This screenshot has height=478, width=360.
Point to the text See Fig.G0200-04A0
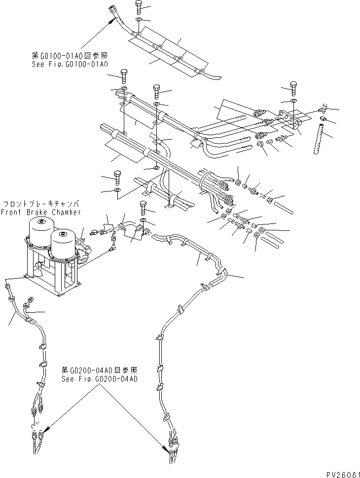coord(99,379)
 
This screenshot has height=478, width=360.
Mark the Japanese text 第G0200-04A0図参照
coord(99,369)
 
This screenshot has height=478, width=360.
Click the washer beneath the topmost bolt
coord(140,20)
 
